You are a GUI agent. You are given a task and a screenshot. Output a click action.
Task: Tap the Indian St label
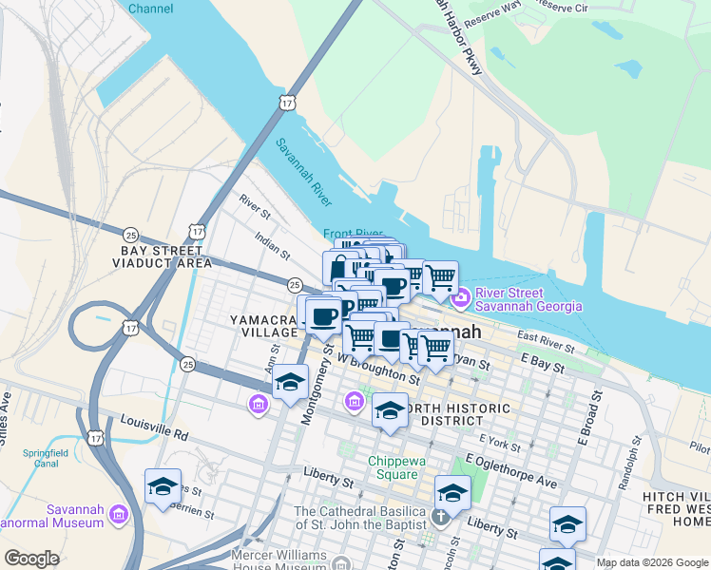pyautogui.click(x=272, y=248)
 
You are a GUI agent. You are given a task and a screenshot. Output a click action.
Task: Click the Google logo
pyautogui.click(x=32, y=559)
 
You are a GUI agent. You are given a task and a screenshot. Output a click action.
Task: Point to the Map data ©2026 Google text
pyautogui.click(x=652, y=562)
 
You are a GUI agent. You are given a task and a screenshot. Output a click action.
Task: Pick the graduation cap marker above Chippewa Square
pyautogui.click(x=390, y=410)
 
